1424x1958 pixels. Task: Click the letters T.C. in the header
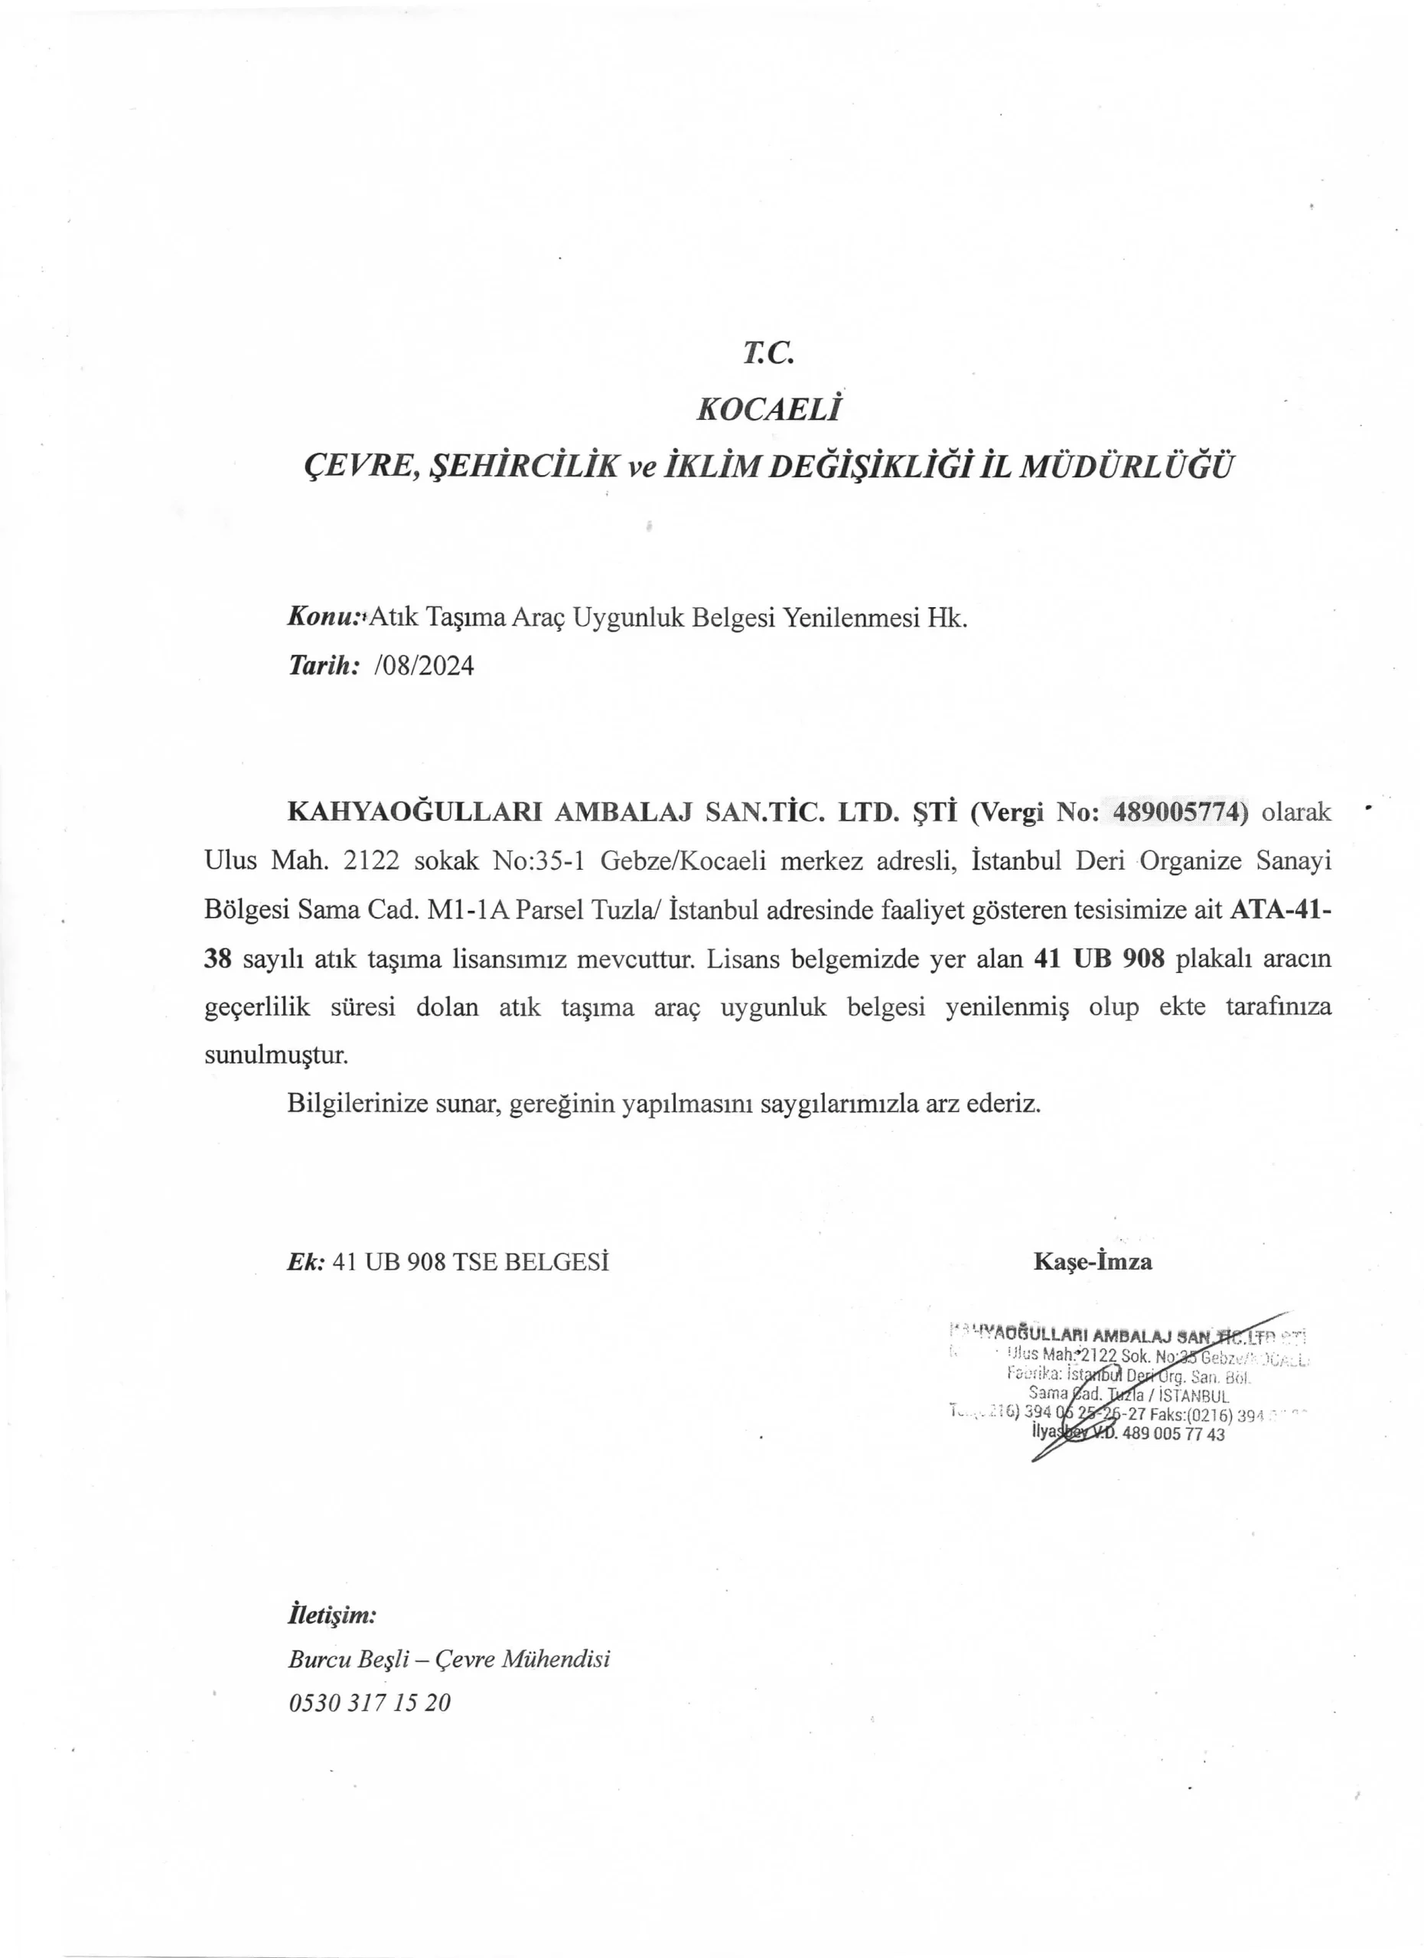(767, 353)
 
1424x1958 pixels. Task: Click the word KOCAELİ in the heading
(767, 409)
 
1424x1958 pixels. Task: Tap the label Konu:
(324, 618)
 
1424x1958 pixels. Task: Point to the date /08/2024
(425, 665)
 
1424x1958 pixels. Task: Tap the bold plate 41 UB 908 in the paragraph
(1100, 958)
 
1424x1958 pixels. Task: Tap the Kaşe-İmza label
(1093, 1262)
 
